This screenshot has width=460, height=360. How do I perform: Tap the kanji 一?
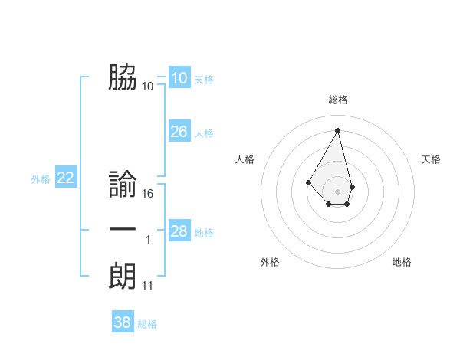(x=123, y=231)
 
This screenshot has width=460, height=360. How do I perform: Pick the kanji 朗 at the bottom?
(x=123, y=276)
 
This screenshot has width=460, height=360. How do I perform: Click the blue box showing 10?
(x=179, y=78)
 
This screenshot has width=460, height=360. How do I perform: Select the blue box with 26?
(x=179, y=132)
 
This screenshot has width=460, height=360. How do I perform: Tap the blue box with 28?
(x=179, y=231)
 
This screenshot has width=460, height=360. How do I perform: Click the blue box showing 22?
(x=66, y=178)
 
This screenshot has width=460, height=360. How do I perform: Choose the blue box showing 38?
(x=122, y=322)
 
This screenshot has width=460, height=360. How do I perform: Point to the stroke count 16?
(x=148, y=194)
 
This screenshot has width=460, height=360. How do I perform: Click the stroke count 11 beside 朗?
(x=148, y=286)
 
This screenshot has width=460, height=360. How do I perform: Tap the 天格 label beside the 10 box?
(x=204, y=80)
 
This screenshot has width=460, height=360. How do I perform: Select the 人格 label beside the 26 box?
(x=204, y=133)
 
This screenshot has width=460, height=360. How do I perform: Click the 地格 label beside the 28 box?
(x=204, y=233)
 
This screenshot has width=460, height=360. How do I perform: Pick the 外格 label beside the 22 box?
(x=41, y=179)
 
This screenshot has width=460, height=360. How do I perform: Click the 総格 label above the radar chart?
(x=338, y=100)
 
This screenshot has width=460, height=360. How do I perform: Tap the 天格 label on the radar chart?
(x=431, y=159)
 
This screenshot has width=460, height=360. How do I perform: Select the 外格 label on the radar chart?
(x=270, y=262)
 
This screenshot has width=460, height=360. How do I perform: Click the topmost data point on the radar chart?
(x=337, y=130)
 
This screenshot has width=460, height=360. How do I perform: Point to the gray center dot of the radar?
(x=337, y=191)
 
